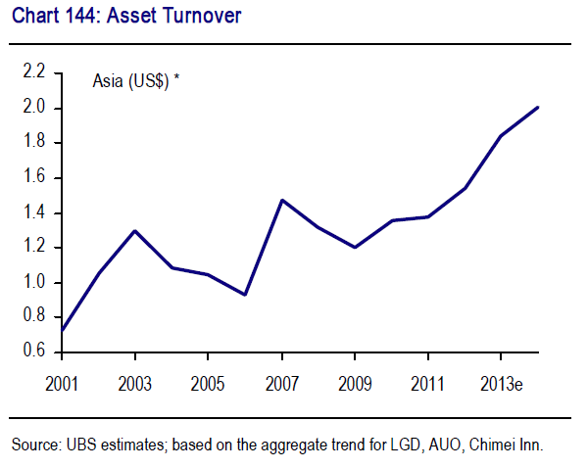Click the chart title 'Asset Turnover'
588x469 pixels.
coord(181,16)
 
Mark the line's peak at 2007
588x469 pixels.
coord(281,200)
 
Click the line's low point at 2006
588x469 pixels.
coord(245,295)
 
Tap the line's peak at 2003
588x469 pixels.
coord(134,231)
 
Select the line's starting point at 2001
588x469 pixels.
coord(62,331)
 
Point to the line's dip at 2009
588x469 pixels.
coord(354,247)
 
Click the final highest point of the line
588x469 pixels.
coord(537,108)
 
